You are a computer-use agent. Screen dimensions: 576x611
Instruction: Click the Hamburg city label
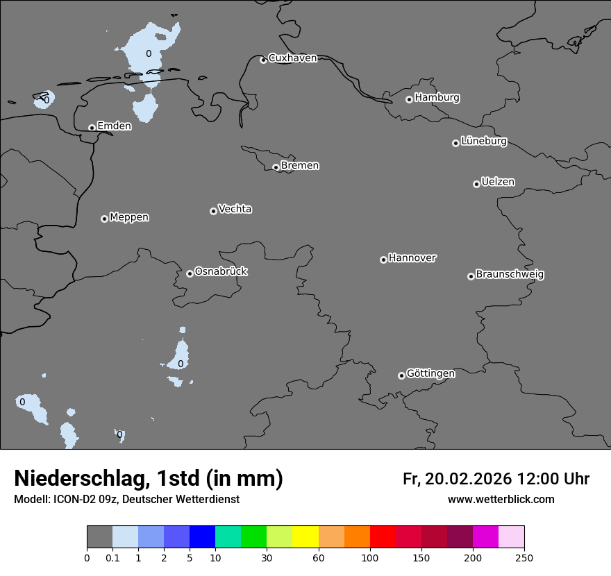[x=437, y=98]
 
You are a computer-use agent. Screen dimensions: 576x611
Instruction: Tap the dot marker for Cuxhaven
[x=263, y=60]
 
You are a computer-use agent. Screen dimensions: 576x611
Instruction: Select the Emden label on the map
[x=114, y=126]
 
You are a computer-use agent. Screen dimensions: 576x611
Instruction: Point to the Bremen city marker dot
[x=276, y=167]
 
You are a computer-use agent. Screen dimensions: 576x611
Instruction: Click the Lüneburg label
[x=483, y=142]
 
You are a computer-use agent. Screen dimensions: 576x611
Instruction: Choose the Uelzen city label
[x=498, y=183]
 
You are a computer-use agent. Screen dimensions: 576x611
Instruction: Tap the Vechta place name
[x=235, y=209]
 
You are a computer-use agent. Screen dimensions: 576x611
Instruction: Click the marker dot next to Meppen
[x=104, y=219]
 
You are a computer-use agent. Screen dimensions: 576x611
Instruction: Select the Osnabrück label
[x=221, y=271]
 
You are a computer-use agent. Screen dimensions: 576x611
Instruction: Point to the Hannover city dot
[x=383, y=260]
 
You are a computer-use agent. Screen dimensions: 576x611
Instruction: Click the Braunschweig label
[x=510, y=275]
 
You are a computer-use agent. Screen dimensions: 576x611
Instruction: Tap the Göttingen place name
[x=430, y=374]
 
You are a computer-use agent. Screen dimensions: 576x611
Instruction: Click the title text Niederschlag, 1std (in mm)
[x=149, y=479]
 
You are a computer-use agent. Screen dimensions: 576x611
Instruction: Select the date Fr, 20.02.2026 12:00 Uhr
[x=496, y=479]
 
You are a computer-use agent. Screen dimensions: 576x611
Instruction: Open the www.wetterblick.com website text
[x=501, y=500]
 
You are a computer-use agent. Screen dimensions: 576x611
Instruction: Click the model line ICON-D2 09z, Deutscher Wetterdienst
[x=127, y=500]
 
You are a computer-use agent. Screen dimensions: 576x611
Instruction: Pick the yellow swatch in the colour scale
[x=305, y=537]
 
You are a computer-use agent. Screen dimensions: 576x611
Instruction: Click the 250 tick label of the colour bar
[x=524, y=557]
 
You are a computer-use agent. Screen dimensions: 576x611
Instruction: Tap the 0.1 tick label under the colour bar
[x=112, y=557]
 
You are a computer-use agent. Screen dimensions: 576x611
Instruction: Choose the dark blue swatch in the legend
[x=202, y=537]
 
